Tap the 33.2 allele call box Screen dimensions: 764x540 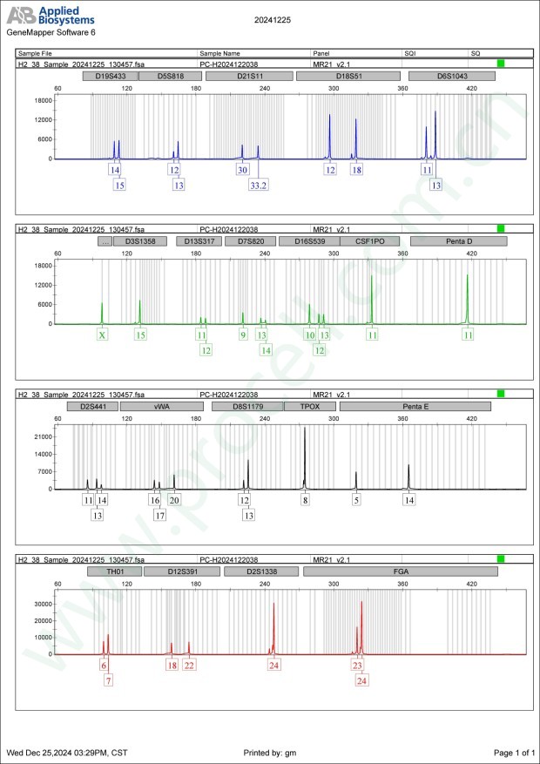(258, 185)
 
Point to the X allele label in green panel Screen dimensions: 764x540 (102, 335)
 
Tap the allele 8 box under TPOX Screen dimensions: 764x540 (305, 500)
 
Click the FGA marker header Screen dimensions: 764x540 (401, 571)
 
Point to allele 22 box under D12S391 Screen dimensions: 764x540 (190, 665)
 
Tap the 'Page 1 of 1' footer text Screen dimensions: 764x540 (513, 752)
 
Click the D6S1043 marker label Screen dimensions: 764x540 (452, 76)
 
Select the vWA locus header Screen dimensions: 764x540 (161, 406)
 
